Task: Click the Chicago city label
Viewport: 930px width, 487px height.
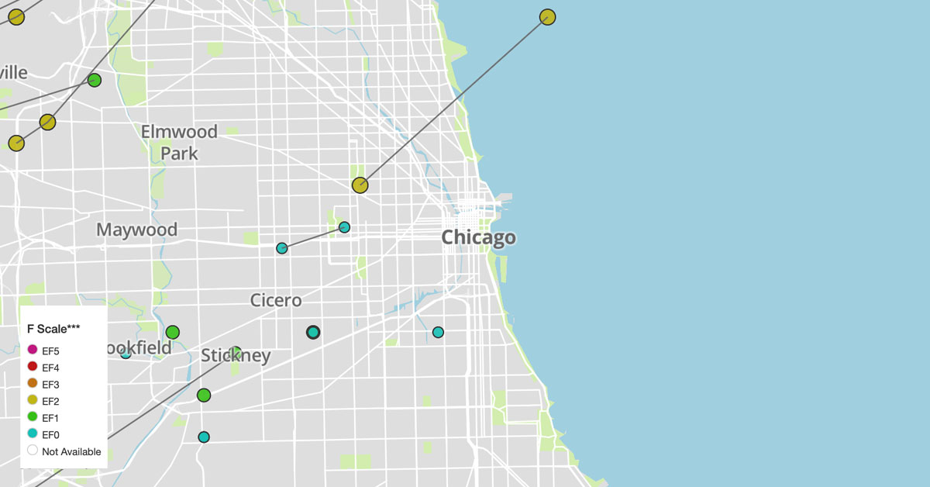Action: point(478,237)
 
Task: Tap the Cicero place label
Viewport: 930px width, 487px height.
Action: point(276,300)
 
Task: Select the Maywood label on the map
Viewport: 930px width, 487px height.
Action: point(136,230)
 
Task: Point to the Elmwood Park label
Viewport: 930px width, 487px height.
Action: point(179,142)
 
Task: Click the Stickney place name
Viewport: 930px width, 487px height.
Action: point(236,356)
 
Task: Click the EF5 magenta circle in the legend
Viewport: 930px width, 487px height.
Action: point(33,351)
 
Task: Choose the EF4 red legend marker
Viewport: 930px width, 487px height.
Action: point(33,368)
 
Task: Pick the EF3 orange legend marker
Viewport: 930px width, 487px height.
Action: point(33,384)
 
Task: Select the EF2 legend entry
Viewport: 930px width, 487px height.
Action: point(33,401)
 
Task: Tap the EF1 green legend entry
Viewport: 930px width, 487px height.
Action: point(33,418)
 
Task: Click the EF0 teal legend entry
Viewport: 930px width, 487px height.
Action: point(33,434)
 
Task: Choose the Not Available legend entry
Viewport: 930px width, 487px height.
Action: point(33,451)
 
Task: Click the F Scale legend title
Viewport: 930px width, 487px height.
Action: point(53,329)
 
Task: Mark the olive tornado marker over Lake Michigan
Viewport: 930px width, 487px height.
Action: point(548,17)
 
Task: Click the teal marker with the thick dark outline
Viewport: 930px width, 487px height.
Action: point(313,332)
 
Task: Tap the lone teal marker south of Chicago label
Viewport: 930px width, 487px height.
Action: point(438,332)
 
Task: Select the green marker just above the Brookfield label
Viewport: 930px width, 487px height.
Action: point(173,332)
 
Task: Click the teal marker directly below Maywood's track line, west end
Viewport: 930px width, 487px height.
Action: point(282,248)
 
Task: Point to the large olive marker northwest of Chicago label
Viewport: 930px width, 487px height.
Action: point(360,185)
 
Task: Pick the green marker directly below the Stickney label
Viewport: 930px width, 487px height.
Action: point(204,395)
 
